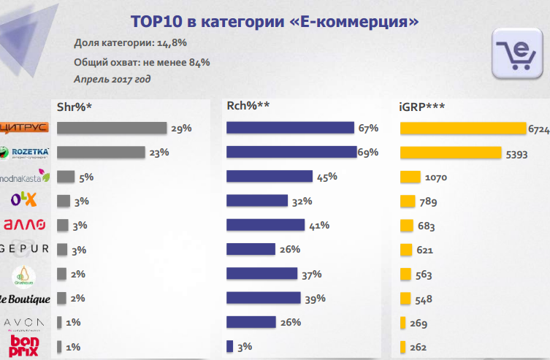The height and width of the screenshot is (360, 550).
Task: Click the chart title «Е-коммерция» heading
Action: coord(274,21)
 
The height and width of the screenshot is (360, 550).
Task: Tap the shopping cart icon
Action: coord(517,53)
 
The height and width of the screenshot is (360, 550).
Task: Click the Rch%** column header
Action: coord(248,107)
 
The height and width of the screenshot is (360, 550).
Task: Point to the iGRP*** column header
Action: coord(423,107)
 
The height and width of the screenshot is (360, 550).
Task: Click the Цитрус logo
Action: coord(24,128)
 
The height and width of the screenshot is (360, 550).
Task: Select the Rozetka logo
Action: coord(26,152)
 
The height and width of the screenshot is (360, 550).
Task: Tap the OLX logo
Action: coord(24,199)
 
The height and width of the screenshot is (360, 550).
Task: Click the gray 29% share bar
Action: coord(112,128)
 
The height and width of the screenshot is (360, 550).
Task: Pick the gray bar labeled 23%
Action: coord(101,152)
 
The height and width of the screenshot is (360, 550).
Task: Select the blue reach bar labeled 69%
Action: coord(291,152)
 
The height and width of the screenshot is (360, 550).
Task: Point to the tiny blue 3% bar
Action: coord(229,346)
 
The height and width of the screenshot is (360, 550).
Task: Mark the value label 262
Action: coord(418,348)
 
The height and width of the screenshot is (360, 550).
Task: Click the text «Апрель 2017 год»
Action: coord(112,77)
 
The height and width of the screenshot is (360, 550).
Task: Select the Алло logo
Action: coord(26,224)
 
